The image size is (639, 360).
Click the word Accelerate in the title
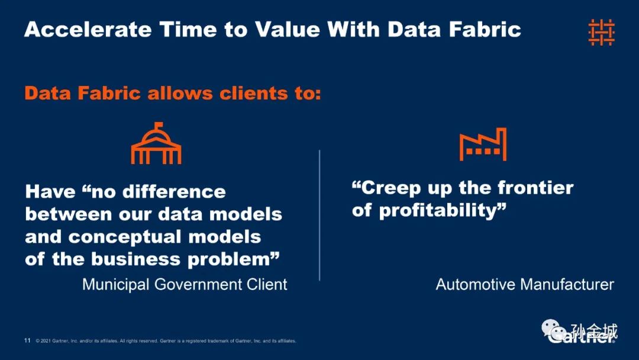[88, 30]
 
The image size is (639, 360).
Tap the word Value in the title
[288, 30]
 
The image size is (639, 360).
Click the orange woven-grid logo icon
[602, 32]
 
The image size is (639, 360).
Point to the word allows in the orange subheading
[180, 94]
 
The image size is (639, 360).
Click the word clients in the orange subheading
[254, 94]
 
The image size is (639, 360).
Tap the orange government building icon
[156, 143]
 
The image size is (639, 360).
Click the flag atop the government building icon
[159, 125]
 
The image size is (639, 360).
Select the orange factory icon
[483, 144]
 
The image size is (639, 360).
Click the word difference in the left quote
[174, 192]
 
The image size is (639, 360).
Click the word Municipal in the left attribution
[116, 285]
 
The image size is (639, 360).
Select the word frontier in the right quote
[535, 188]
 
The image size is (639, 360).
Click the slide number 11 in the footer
[27, 340]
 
